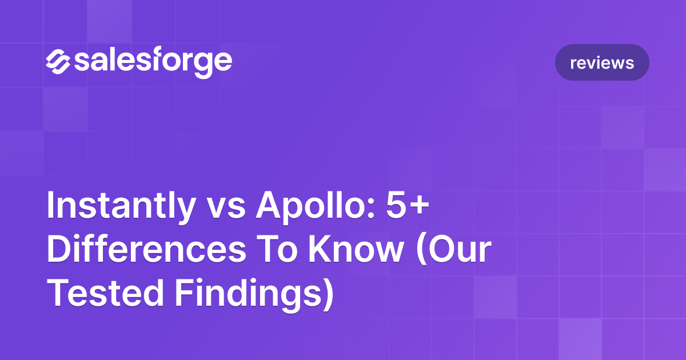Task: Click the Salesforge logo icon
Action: pyautogui.click(x=57, y=62)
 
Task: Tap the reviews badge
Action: pyautogui.click(x=602, y=62)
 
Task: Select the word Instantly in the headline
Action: pyautogui.click(x=120, y=206)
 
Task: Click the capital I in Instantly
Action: pyautogui.click(x=51, y=206)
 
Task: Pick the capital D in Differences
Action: pyautogui.click(x=59, y=252)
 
